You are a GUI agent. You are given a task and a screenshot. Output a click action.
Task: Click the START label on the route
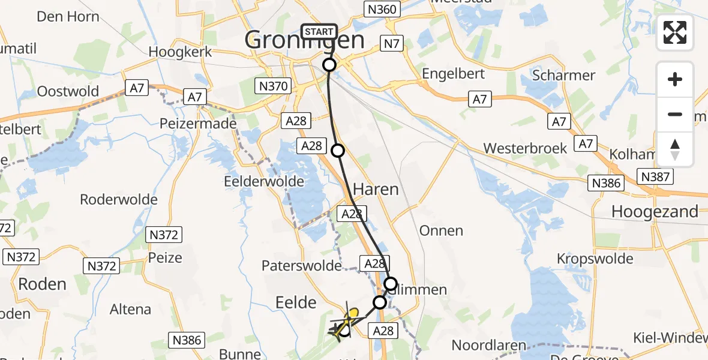pyautogui.click(x=319, y=31)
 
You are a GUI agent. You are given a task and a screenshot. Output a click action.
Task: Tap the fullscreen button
pyautogui.click(x=675, y=32)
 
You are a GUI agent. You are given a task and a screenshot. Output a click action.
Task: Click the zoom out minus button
pyautogui.click(x=675, y=115)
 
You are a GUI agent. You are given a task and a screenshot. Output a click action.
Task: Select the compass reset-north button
pyautogui.click(x=675, y=149)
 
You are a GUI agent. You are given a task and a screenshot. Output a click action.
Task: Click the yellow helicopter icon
pyautogui.click(x=347, y=322)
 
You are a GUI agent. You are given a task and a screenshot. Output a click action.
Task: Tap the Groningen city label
pyautogui.click(x=305, y=41)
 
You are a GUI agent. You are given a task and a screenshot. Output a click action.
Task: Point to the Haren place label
pyautogui.click(x=376, y=190)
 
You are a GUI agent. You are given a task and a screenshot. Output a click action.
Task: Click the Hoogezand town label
pyautogui.click(x=655, y=211)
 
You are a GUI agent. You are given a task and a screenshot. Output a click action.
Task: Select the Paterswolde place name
pyautogui.click(x=301, y=265)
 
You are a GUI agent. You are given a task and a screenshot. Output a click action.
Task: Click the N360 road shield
pyautogui.click(x=381, y=8)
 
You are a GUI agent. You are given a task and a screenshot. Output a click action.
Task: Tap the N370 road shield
pyautogui.click(x=274, y=86)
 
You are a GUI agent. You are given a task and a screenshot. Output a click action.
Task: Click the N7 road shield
pyautogui.click(x=392, y=43)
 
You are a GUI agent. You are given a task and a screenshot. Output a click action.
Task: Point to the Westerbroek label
pyautogui.click(x=524, y=148)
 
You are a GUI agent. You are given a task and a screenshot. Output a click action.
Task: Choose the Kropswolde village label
pyautogui.click(x=595, y=259)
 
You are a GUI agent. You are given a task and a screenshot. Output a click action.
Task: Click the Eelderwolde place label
pyautogui.click(x=257, y=180)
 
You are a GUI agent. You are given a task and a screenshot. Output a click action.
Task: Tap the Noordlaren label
pyautogui.click(x=488, y=346)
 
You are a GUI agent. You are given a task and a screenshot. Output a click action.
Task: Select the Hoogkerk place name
pyautogui.click(x=181, y=52)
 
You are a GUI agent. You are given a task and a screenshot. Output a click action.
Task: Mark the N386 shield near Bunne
pyautogui.click(x=187, y=340)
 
